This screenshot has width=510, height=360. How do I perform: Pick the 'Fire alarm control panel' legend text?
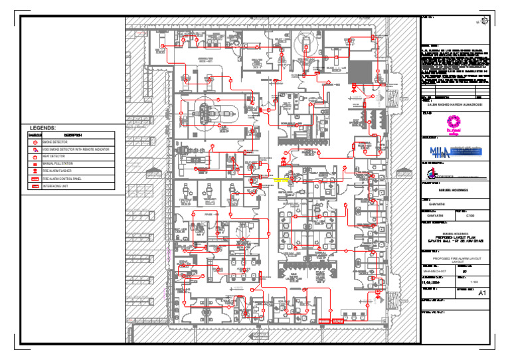click(61, 179)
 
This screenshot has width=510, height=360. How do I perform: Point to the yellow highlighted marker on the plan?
click(281, 179)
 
